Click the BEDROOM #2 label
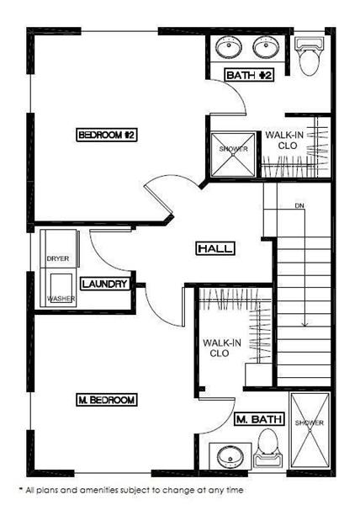pyautogui.click(x=107, y=135)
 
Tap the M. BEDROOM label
pyautogui.click(x=107, y=400)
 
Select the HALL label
pyautogui.click(x=215, y=248)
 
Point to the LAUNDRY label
pyautogui.click(x=105, y=284)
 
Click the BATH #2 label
pyautogui.click(x=249, y=76)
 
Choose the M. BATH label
pyautogui.click(x=259, y=419)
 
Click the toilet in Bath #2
pyautogui.click(x=309, y=56)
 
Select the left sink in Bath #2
pyautogui.click(x=229, y=47)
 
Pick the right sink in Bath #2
pyautogui.click(x=267, y=47)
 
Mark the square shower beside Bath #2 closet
pyautogui.click(x=233, y=154)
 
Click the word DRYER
pyautogui.click(x=58, y=258)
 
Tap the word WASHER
pyautogui.click(x=61, y=299)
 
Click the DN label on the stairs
pyautogui.click(x=299, y=205)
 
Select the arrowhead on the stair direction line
pyautogui.click(x=304, y=324)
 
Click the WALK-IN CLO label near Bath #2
pyautogui.click(x=284, y=140)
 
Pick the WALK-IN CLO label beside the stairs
pyautogui.click(x=222, y=348)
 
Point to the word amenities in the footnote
pyautogui.click(x=100, y=490)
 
